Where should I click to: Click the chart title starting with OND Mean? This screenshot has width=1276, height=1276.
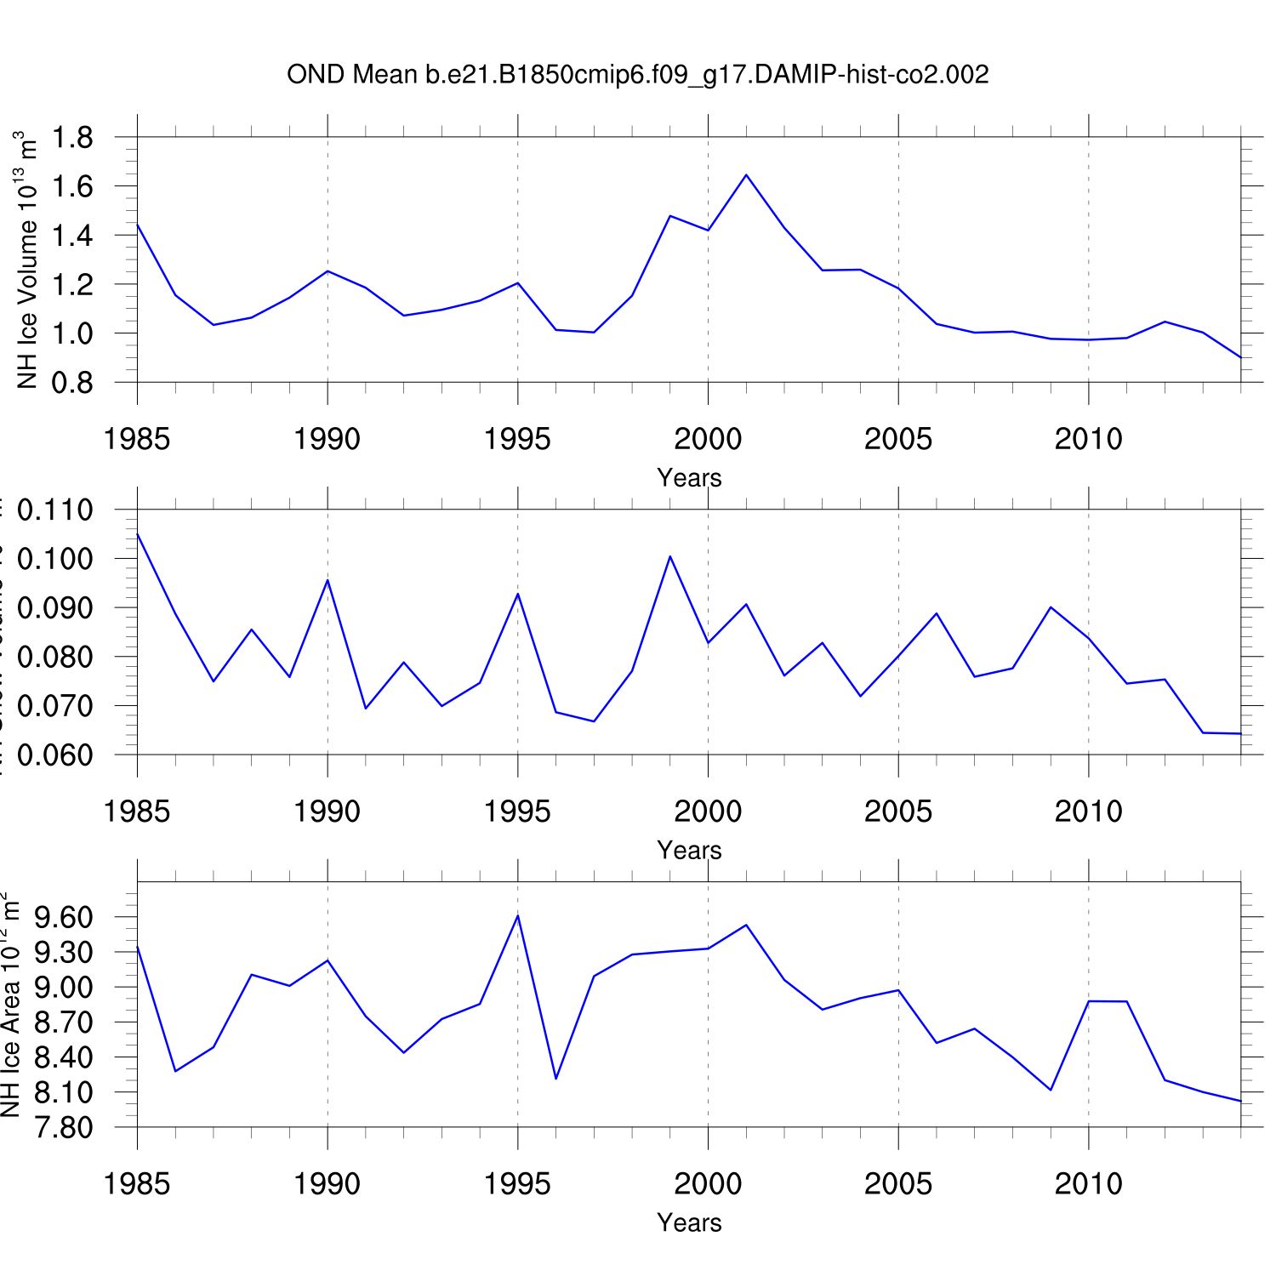(637, 75)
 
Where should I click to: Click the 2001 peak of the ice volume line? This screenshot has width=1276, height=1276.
(746, 175)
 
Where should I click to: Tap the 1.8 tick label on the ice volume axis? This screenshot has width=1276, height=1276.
(72, 137)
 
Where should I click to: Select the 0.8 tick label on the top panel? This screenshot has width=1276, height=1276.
(72, 383)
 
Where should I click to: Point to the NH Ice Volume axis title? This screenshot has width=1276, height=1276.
(27, 260)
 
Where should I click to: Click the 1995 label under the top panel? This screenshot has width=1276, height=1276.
(517, 440)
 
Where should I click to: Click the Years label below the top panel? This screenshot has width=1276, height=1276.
(689, 478)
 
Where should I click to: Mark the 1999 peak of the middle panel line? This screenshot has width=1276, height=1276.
(670, 556)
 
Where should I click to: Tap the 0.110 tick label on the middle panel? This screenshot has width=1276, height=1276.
(55, 510)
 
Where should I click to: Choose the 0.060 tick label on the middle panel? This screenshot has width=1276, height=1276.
(55, 755)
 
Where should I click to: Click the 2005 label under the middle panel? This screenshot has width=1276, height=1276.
(898, 812)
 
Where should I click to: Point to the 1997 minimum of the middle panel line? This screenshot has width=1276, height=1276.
(594, 721)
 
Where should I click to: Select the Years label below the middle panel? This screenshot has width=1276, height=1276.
(689, 851)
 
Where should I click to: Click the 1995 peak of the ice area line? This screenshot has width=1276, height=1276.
(518, 915)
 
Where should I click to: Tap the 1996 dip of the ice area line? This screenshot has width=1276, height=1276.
(555, 1079)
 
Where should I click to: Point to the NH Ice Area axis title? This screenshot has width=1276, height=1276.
(10, 1004)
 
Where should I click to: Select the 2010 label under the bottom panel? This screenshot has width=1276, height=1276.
(1088, 1184)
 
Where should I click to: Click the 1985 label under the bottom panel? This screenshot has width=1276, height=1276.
(137, 1184)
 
